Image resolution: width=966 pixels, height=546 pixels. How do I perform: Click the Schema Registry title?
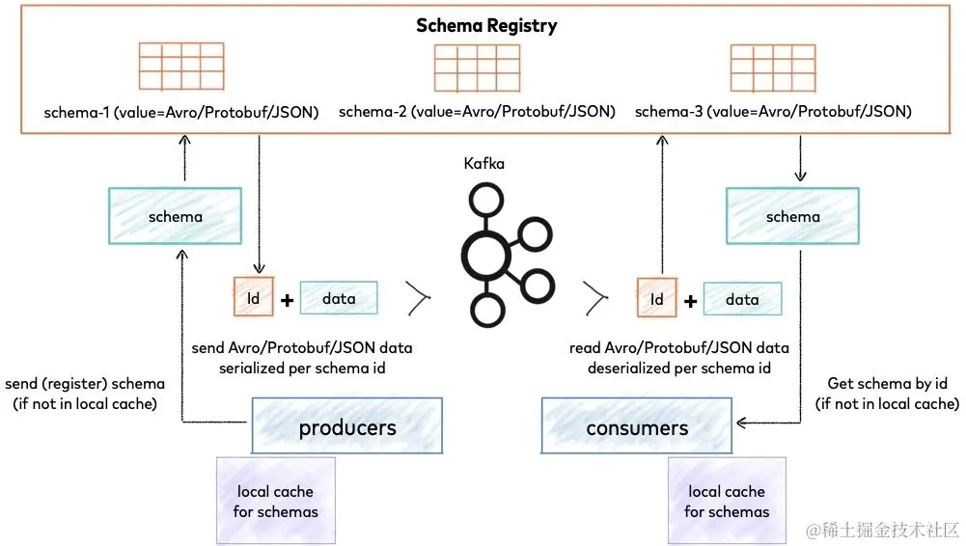click(x=486, y=26)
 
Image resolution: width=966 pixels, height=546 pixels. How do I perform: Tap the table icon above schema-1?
click(x=180, y=67)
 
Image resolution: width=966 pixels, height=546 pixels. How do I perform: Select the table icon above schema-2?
click(x=477, y=68)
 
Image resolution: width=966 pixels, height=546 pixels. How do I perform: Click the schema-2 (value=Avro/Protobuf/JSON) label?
click(x=477, y=112)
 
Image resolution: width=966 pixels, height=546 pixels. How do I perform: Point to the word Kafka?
click(x=483, y=164)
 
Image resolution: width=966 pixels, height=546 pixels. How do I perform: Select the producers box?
click(x=347, y=427)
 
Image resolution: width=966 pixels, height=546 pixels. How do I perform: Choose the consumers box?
click(x=637, y=427)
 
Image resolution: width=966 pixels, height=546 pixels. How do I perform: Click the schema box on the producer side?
click(x=175, y=216)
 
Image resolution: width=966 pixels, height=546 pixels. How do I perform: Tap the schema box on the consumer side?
click(x=792, y=216)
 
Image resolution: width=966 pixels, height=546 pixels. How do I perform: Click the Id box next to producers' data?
click(x=254, y=299)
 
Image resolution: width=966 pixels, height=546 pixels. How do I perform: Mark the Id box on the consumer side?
click(x=657, y=299)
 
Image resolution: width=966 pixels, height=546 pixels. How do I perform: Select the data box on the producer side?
click(x=339, y=299)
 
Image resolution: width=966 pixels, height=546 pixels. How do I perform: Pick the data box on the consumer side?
click(x=742, y=299)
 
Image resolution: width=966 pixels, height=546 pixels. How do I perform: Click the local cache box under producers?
click(x=275, y=501)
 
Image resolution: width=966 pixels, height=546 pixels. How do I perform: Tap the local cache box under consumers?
click(x=727, y=501)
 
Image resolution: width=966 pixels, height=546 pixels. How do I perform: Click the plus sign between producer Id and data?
click(x=287, y=300)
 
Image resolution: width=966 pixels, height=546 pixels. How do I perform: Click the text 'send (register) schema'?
click(x=85, y=384)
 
